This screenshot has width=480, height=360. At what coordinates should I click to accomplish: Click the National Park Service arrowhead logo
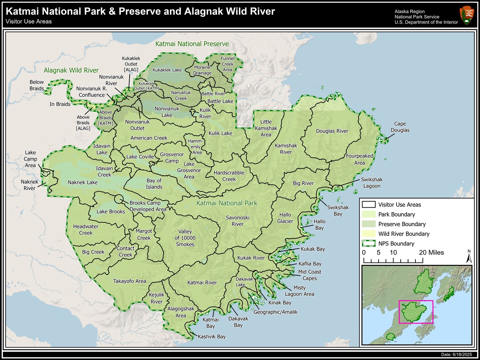[x=467, y=15]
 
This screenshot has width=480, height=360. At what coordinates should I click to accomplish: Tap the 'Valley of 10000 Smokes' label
[x=185, y=238]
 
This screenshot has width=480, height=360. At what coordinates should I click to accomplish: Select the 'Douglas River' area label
[x=332, y=131]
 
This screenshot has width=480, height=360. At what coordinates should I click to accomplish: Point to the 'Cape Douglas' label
[x=400, y=127]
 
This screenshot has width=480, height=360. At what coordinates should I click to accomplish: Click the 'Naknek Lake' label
[x=83, y=182]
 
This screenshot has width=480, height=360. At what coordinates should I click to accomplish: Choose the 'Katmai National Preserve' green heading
[x=192, y=44]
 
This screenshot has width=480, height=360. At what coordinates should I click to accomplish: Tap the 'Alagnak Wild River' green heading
[x=71, y=70]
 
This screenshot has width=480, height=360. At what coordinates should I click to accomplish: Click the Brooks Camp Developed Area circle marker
[x=119, y=199]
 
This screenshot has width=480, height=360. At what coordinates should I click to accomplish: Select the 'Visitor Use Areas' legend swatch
[x=368, y=205]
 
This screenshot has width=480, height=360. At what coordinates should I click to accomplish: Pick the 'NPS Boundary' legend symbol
[x=368, y=243]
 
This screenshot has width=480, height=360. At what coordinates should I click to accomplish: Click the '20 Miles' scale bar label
[x=431, y=253]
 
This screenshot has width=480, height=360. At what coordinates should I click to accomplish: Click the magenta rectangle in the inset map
[x=416, y=312]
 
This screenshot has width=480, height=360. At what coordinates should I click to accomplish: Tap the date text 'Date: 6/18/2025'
[x=456, y=354]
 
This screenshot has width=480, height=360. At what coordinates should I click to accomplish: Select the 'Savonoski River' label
[x=237, y=221]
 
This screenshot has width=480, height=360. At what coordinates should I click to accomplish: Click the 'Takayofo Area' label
[x=130, y=281]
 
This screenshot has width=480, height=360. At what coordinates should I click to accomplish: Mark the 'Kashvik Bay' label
[x=212, y=336]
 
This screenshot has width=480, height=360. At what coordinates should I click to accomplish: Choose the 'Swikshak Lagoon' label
[x=372, y=183]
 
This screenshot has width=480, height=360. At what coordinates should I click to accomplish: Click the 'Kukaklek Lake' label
[x=167, y=70]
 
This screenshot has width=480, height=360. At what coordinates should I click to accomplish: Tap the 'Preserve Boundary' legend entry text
[x=402, y=224]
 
